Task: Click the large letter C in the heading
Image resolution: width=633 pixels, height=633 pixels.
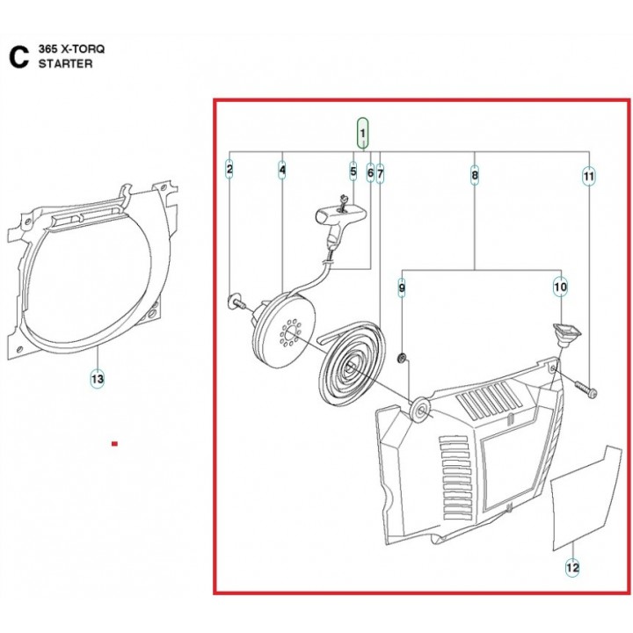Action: coord(18,57)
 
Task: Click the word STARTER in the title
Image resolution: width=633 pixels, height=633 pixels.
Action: coord(65,64)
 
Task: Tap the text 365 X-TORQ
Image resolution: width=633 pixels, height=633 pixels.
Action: coord(71,49)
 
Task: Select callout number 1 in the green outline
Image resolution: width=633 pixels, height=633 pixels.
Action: coord(362,133)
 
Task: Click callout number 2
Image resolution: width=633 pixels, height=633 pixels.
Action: coord(229,169)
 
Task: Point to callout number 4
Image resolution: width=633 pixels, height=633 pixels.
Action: coord(282,170)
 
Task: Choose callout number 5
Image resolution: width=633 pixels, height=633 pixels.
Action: coord(353,171)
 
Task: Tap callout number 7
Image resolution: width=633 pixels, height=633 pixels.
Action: coord(380,174)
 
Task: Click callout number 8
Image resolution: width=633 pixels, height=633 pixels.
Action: coord(475,175)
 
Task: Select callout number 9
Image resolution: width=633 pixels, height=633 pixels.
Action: coord(401,287)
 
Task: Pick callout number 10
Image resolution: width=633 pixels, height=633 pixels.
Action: coord(561,287)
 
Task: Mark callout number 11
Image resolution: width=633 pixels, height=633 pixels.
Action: coord(589,177)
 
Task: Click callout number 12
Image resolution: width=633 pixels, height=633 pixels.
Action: coord(572,568)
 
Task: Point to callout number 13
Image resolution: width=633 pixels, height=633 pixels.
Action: coord(98,379)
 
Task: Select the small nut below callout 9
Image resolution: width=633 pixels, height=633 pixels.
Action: coord(402,358)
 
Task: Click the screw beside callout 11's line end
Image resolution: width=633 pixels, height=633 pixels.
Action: coord(586,389)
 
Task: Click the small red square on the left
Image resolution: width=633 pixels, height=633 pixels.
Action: coord(114,444)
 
